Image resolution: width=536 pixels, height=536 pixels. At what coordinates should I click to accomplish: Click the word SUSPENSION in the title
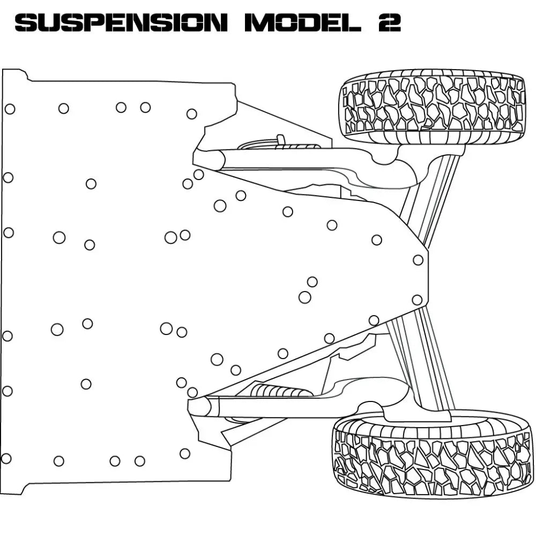pos(121,23)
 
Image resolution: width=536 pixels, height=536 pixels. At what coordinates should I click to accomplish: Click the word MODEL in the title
pos(300,23)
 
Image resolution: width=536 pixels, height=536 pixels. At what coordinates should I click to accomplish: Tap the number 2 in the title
pos(390,23)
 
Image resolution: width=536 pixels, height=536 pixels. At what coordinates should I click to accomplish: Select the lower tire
pos(432,456)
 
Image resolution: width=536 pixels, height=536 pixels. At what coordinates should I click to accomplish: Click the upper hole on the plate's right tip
pos(418,260)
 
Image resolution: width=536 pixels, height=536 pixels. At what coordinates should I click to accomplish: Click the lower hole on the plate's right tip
pos(417,300)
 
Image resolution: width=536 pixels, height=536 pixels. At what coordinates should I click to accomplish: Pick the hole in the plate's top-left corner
pos(10,109)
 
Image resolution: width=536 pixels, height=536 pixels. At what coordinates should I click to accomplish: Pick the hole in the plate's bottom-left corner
pos(6,459)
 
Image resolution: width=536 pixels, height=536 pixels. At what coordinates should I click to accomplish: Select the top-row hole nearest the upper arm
pos(191,114)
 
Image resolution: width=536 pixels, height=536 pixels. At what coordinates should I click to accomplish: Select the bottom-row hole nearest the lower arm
pos(185,453)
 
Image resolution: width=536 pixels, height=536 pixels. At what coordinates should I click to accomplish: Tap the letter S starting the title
pos(25,23)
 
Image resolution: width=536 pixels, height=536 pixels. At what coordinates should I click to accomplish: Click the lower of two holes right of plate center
pos(304,297)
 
